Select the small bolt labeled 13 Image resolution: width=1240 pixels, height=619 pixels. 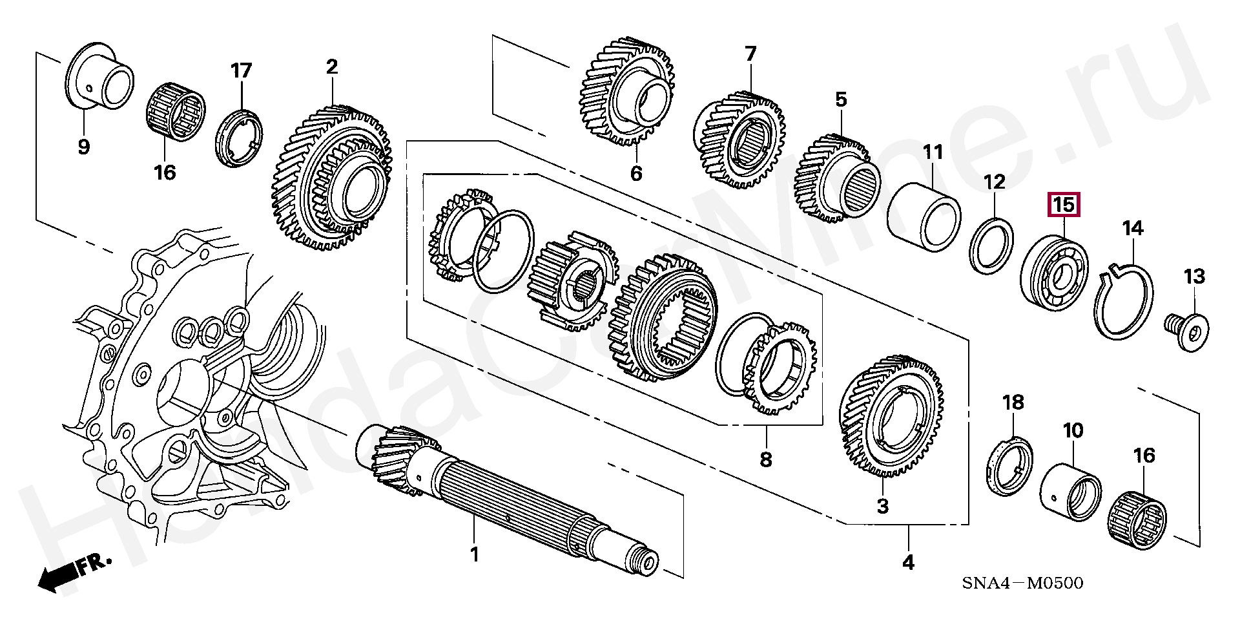(1187, 331)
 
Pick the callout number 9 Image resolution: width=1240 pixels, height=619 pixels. (83, 147)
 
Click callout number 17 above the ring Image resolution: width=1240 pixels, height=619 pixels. (241, 70)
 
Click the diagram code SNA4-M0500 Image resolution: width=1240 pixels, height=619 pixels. (1022, 583)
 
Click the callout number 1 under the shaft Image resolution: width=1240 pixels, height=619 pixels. (474, 555)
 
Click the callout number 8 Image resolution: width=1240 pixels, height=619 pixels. (765, 459)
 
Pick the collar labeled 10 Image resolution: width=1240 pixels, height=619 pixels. (1071, 489)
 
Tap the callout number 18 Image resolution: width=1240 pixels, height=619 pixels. (1013, 403)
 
